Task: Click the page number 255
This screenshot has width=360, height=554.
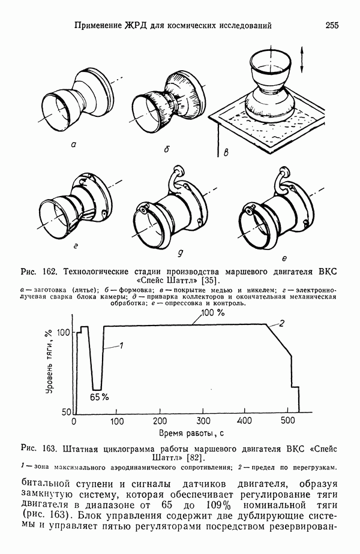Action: click(x=332, y=25)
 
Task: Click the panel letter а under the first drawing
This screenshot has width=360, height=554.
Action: click(x=73, y=144)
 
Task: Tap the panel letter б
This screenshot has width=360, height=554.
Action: click(x=166, y=147)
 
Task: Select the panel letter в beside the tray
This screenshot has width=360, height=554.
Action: click(x=226, y=155)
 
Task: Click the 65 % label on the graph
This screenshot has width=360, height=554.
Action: click(x=99, y=397)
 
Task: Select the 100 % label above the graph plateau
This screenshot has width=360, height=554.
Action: click(x=212, y=313)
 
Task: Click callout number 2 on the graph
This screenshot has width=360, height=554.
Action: click(x=280, y=324)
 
